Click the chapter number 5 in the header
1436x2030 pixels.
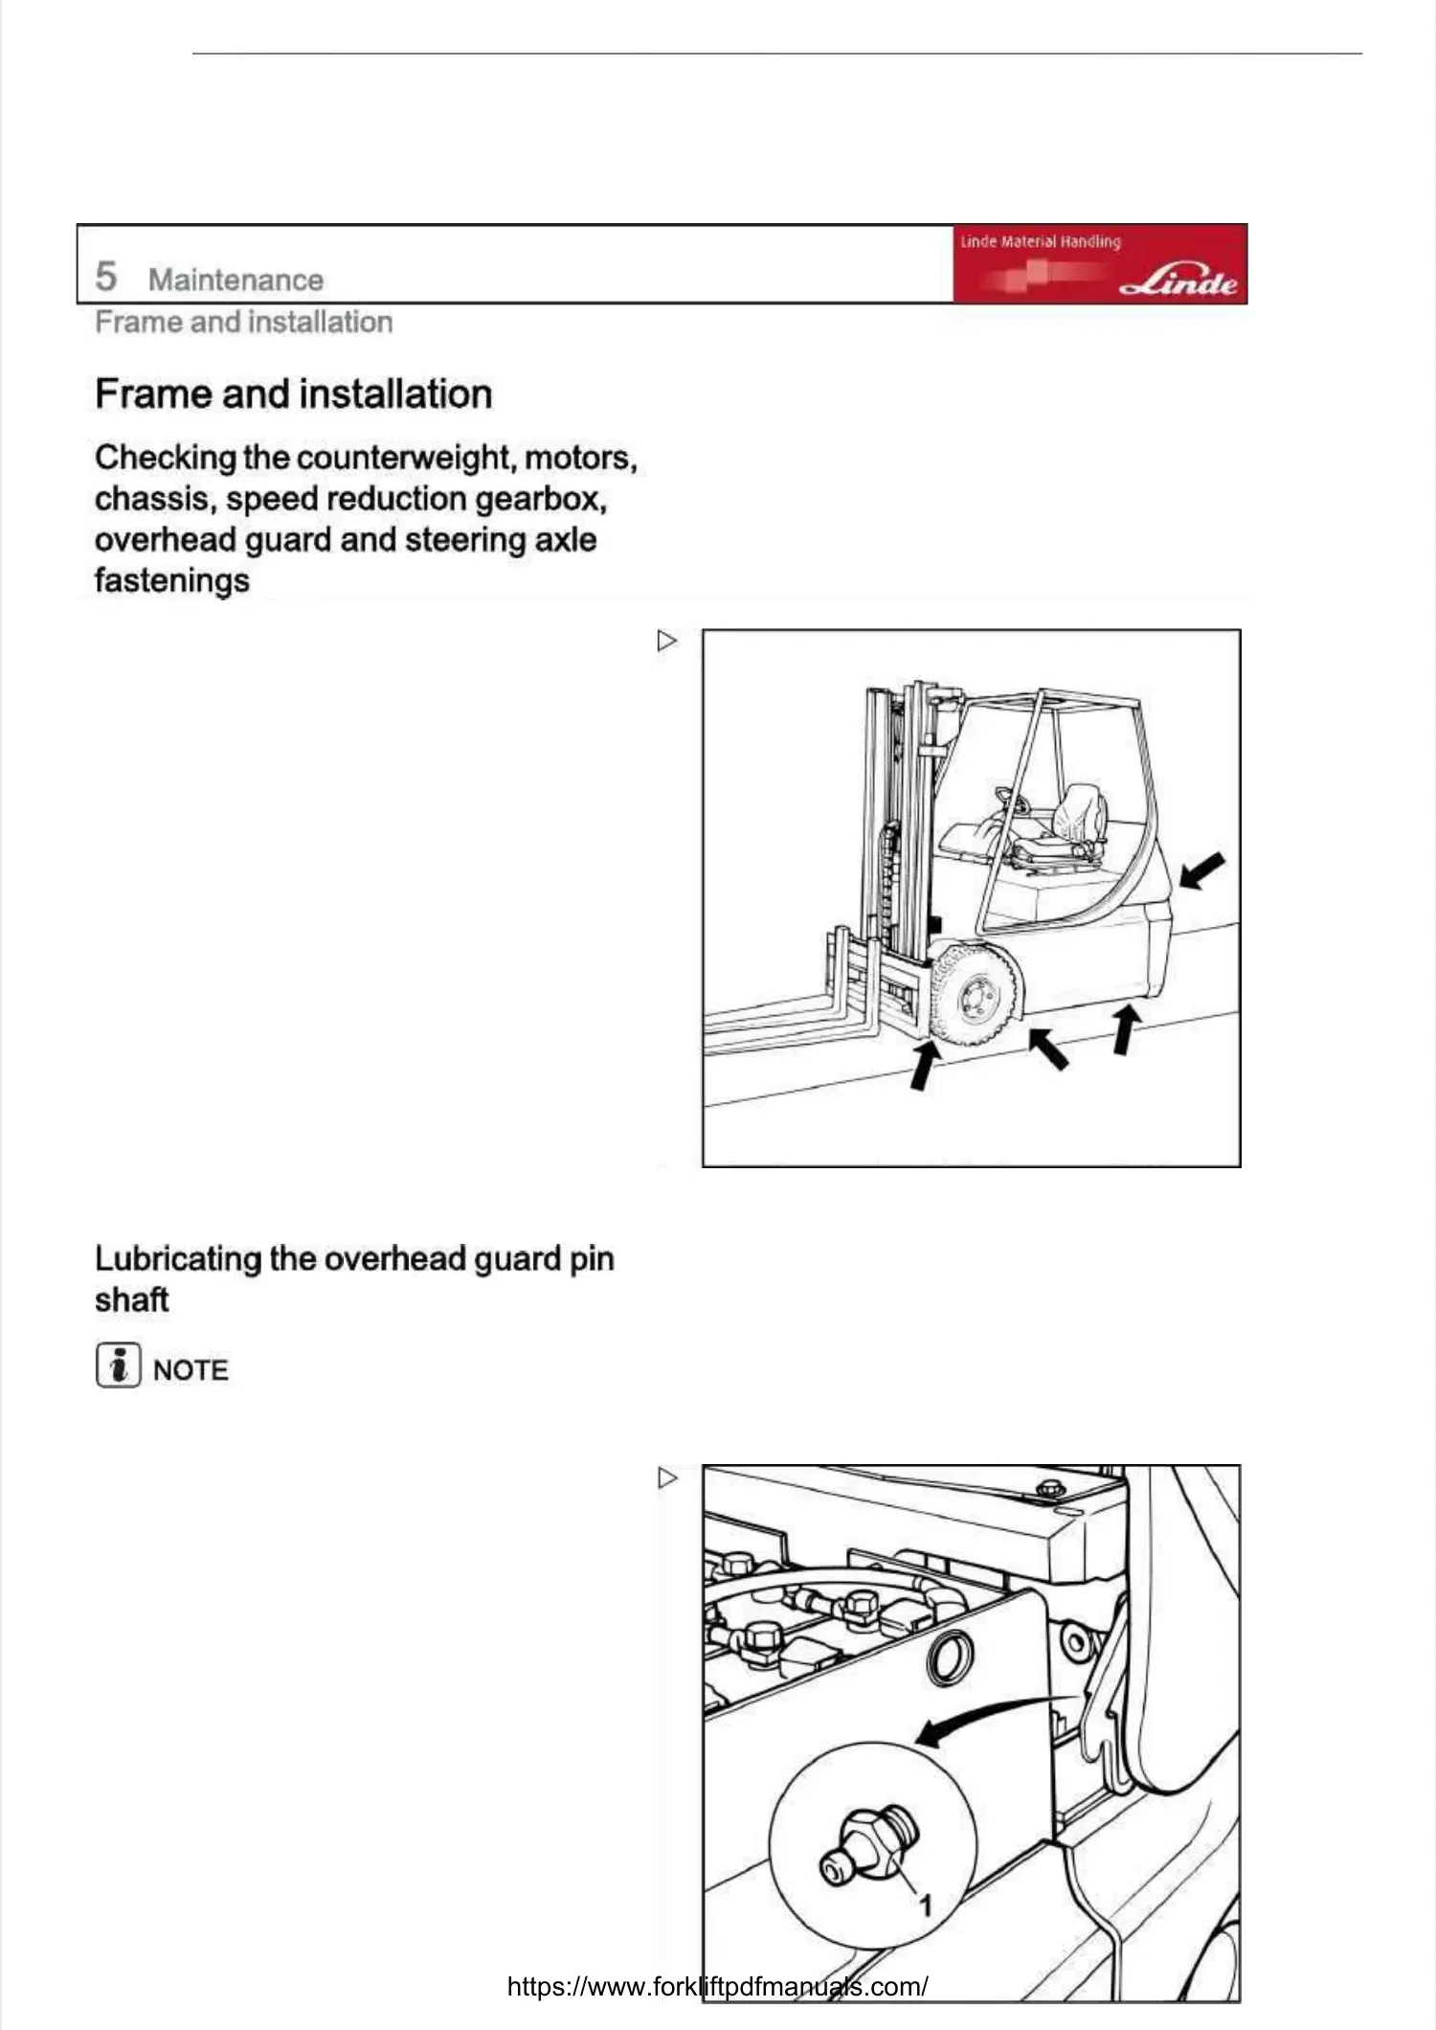106,277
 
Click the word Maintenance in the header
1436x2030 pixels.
236,280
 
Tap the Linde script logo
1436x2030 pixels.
1178,282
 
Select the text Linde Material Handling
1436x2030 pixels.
1041,241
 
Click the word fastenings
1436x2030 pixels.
172,580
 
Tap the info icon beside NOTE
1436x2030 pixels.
118,1365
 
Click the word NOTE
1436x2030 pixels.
191,1370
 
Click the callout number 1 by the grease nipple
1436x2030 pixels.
925,1905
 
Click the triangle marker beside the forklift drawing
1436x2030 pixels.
667,641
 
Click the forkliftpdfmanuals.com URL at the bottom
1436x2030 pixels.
717,1986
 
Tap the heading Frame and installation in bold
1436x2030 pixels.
293,395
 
